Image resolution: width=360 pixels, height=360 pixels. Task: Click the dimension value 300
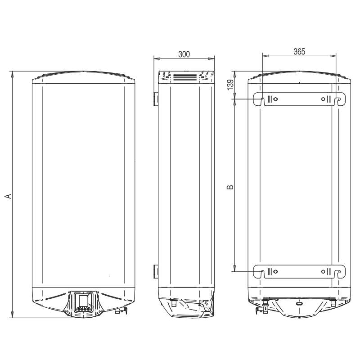click(184, 54)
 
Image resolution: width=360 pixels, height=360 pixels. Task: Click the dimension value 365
click(299, 52)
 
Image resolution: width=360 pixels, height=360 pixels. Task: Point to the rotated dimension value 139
click(231, 85)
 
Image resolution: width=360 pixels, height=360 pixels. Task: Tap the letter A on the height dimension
click(8, 196)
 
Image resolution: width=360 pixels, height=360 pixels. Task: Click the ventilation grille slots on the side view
click(185, 77)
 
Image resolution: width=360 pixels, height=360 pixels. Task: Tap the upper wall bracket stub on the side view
click(156, 99)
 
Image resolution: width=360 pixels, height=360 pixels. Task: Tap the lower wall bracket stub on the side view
click(156, 271)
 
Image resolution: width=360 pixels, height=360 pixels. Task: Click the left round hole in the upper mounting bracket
click(276, 99)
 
